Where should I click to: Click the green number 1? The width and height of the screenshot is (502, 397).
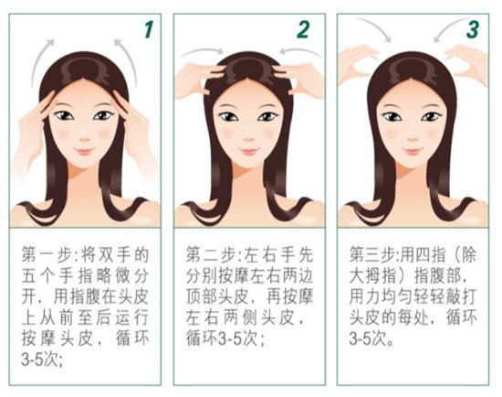(x=148, y=29)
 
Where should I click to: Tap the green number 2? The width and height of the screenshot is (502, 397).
(x=303, y=29)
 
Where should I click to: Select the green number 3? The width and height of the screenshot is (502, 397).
(x=473, y=29)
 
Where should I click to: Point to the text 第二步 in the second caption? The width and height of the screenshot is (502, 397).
(x=212, y=255)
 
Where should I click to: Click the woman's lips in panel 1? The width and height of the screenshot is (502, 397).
(x=84, y=151)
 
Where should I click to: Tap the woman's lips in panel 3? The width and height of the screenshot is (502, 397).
(x=413, y=151)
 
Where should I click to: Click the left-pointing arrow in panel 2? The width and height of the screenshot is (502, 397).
(x=299, y=51)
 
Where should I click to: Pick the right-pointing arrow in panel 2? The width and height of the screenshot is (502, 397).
(x=203, y=51)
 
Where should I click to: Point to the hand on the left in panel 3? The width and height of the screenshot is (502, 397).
(x=357, y=66)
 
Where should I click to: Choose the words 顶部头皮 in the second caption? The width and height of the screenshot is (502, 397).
(x=218, y=297)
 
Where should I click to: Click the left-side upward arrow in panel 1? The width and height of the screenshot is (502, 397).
(x=40, y=61)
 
